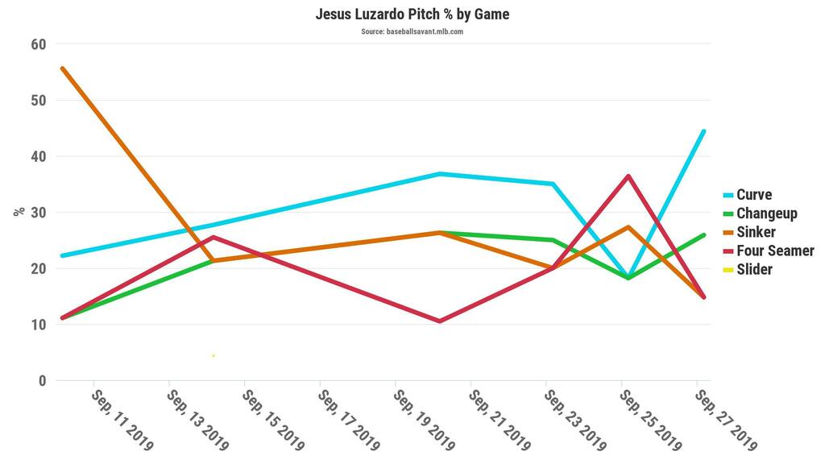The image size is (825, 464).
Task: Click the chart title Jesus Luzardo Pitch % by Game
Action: coord(412,14)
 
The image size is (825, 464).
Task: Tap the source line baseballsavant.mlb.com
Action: coord(412,32)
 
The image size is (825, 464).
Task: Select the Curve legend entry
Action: coord(753,195)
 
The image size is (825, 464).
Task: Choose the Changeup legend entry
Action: coord(766,213)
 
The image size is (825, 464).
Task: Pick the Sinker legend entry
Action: coord(756,232)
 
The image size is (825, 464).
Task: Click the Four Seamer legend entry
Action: coord(775,251)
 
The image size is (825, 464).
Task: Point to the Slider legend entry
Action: coord(754,269)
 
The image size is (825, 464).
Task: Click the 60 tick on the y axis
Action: coord(39,44)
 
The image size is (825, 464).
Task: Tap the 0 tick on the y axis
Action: coord(43,380)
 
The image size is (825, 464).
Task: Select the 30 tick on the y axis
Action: coord(39,213)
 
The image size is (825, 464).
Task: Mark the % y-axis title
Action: coord(19,212)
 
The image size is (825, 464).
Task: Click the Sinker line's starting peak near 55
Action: coord(62,68)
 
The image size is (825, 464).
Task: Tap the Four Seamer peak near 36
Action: coord(628,176)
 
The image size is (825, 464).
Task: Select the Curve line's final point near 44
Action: coord(703,131)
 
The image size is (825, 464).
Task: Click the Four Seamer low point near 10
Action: coord(440,321)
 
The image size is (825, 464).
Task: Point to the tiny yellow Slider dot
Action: coord(213,355)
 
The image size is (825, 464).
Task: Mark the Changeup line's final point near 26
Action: coord(703,235)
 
